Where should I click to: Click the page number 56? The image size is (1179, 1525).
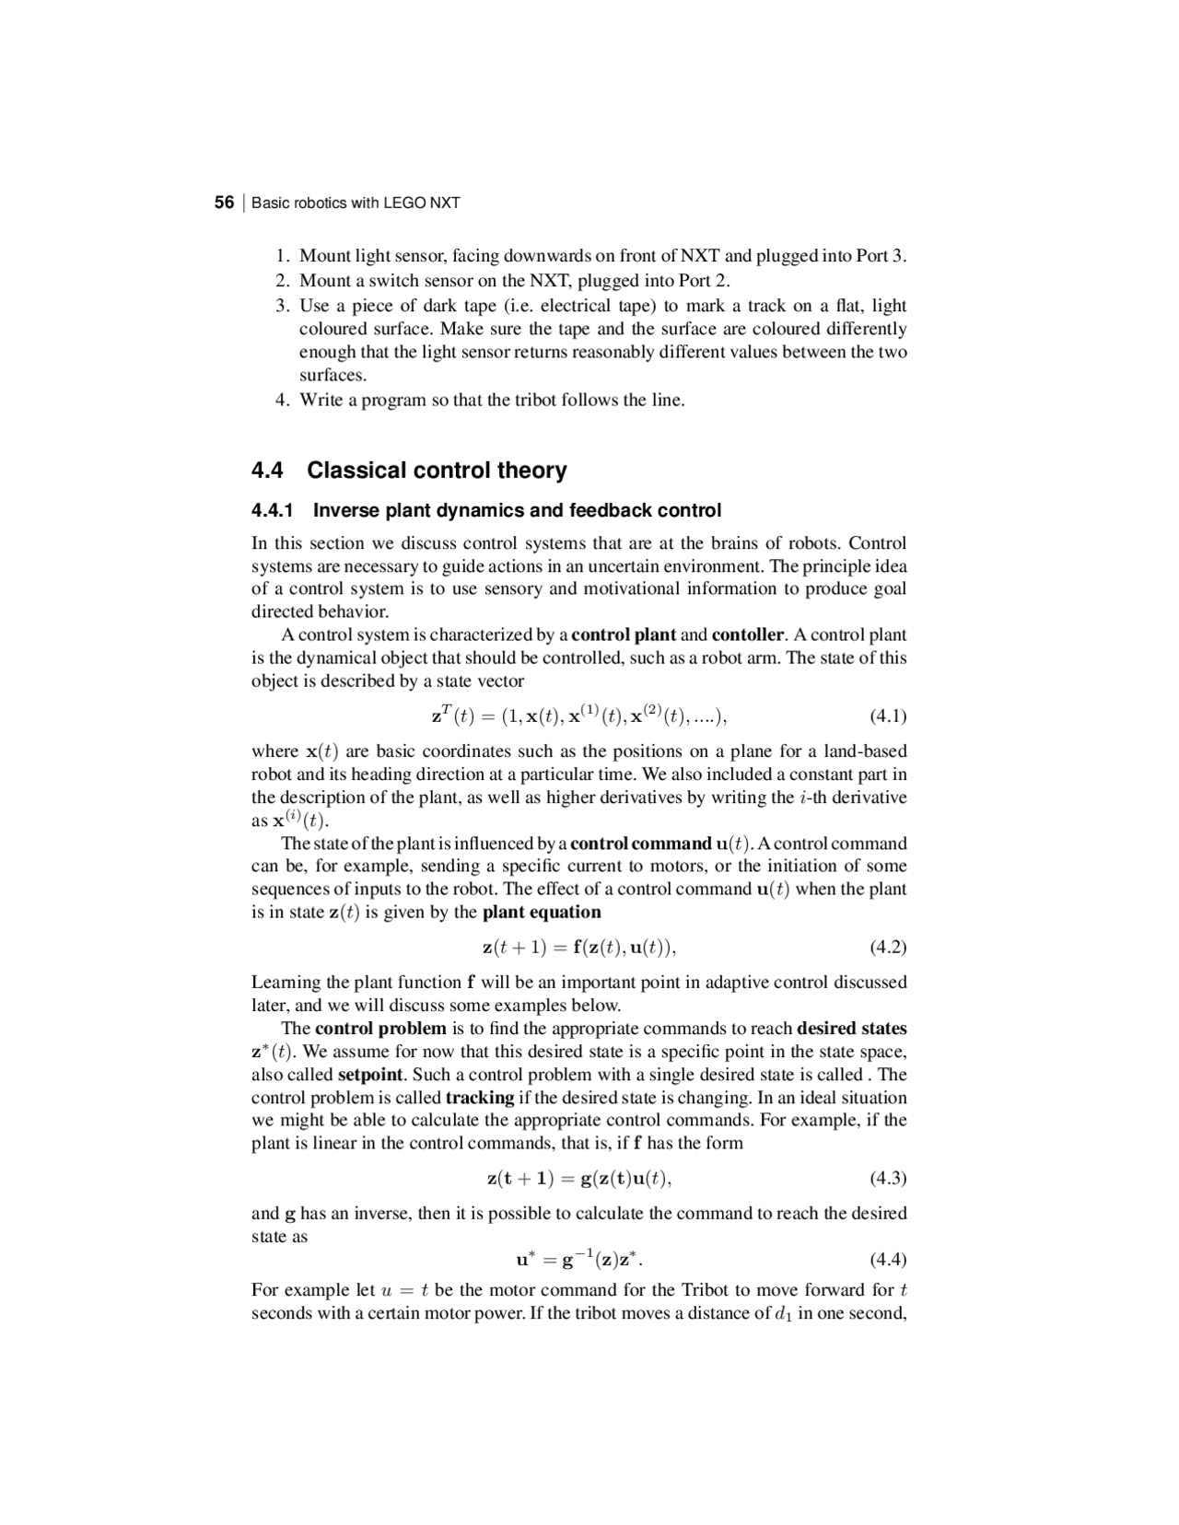click(x=224, y=203)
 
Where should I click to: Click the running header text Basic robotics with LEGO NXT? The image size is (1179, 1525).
click(x=356, y=203)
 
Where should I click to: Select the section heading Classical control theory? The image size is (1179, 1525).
click(x=437, y=471)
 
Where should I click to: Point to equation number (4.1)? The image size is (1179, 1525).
click(x=888, y=716)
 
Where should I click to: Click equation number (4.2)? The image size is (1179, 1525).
click(x=888, y=948)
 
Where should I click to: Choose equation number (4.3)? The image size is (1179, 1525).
click(x=888, y=1179)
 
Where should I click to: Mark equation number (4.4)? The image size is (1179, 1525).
click(x=888, y=1259)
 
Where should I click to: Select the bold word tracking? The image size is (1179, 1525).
click(x=479, y=1098)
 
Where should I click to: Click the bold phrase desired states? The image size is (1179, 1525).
click(x=851, y=1029)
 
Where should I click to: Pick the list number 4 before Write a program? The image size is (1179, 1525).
click(x=282, y=401)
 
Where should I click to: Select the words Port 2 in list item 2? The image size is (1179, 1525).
click(x=702, y=281)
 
